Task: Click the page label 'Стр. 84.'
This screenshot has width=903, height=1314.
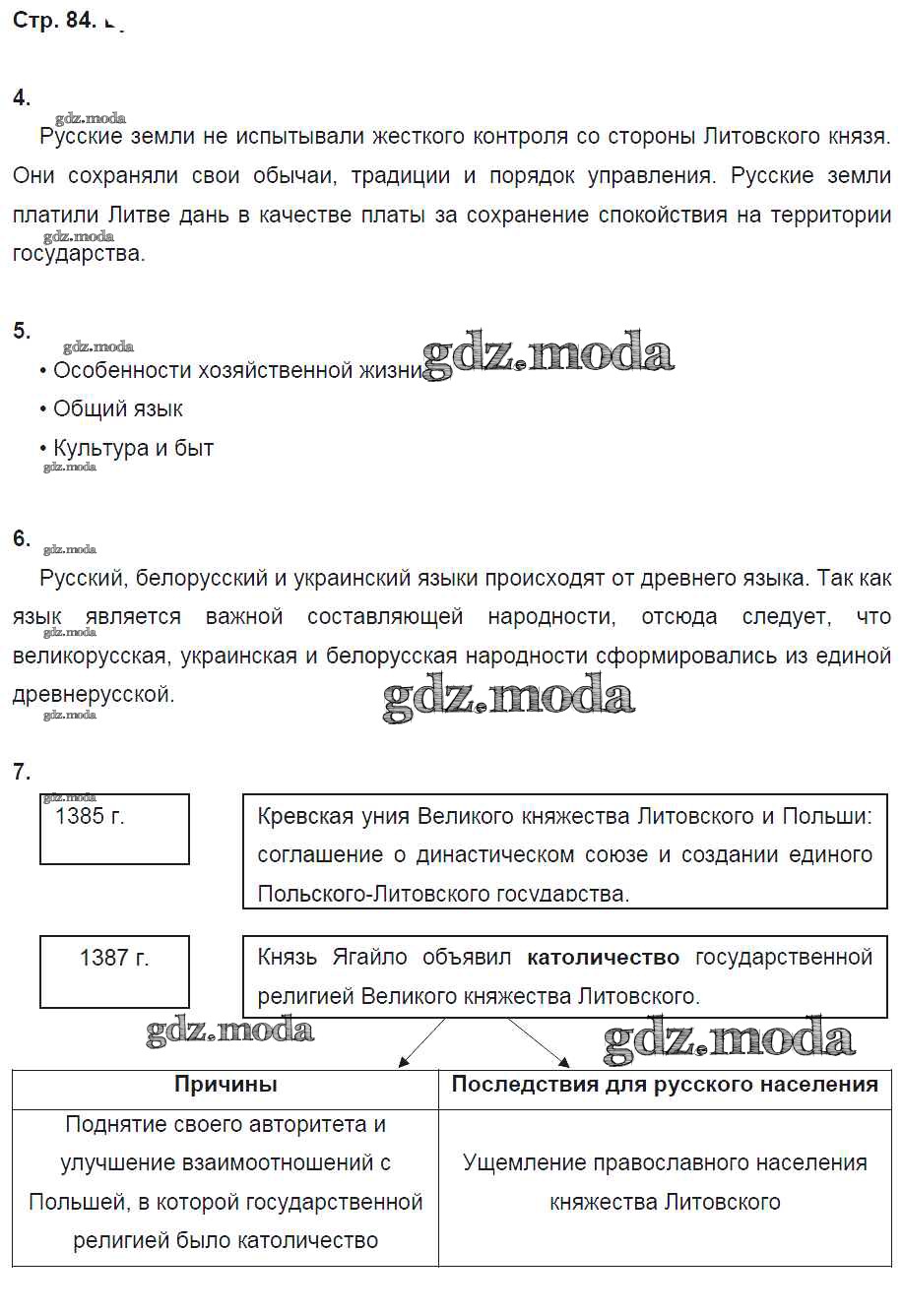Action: coord(53,21)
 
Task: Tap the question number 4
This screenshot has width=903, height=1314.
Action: coord(22,97)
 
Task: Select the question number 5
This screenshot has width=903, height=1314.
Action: coord(22,331)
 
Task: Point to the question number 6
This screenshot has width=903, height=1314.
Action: coord(22,538)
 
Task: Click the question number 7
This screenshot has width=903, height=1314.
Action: coord(22,772)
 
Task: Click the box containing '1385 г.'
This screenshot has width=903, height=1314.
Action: coord(114,829)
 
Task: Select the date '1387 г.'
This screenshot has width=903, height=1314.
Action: coord(114,957)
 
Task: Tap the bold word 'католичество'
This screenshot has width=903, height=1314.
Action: coord(604,957)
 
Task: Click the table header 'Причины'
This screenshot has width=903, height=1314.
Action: coord(226,1085)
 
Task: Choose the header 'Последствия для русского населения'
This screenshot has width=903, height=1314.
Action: coord(665,1085)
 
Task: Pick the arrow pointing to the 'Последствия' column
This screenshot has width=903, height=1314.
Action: coord(539,1042)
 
